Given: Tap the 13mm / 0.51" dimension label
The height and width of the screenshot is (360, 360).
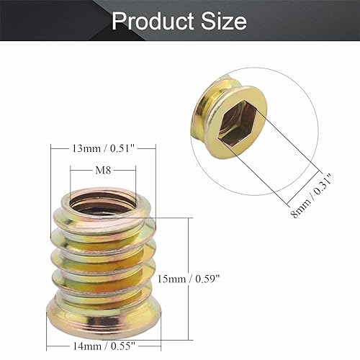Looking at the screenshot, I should (103, 150).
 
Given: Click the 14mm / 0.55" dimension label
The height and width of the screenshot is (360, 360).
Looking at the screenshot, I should (107, 347).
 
